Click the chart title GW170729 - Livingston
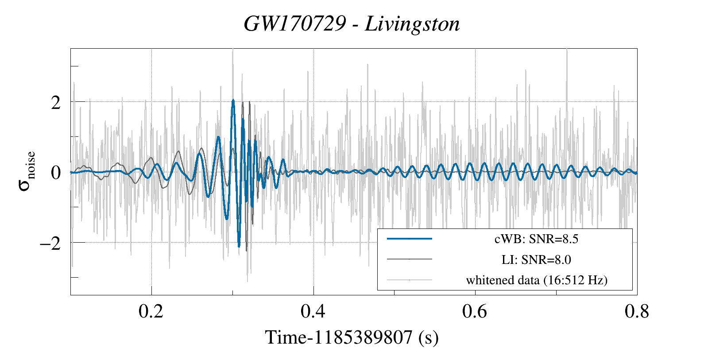(352, 24)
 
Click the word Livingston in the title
(412, 24)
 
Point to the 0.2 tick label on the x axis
(151, 312)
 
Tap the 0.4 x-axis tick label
(313, 312)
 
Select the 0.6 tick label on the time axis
(475, 312)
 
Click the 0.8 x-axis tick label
(637, 312)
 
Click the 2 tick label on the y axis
(56, 103)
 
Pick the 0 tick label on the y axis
(56, 173)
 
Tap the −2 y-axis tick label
(50, 243)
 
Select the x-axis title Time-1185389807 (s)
(352, 338)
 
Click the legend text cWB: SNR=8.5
(536, 239)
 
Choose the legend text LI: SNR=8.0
(536, 260)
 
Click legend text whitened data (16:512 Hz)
(536, 280)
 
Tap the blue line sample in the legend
(409, 239)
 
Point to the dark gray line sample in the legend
(409, 259)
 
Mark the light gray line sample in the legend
(409, 280)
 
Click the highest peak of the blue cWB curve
(233, 101)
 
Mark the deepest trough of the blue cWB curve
(239, 246)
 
